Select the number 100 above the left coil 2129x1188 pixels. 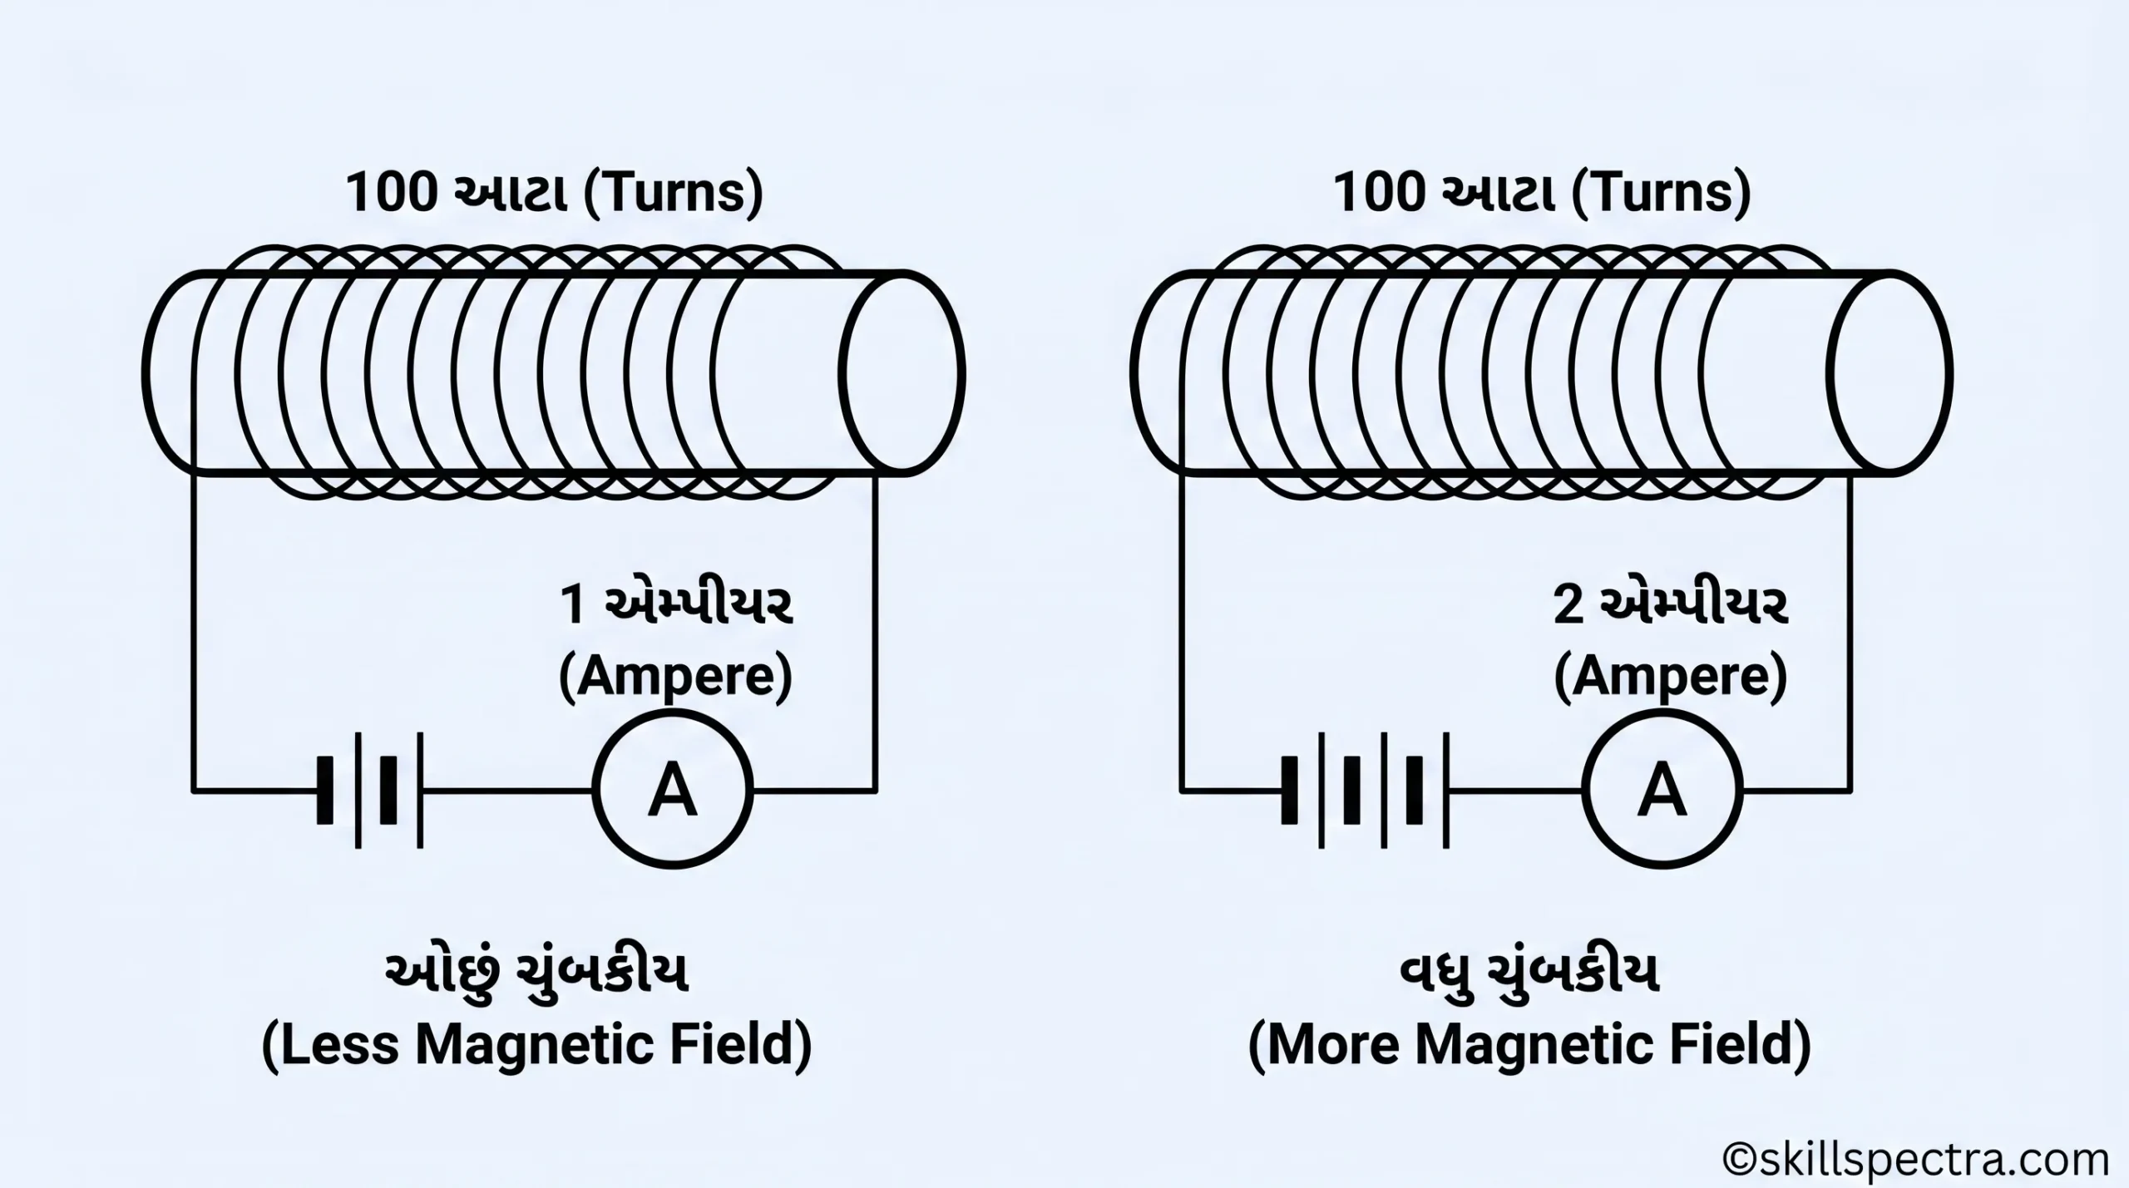[x=392, y=193]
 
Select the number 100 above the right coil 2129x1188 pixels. [x=1380, y=193]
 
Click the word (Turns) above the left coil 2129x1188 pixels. [x=673, y=194]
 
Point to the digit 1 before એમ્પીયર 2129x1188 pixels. [x=573, y=604]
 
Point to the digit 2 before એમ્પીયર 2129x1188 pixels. [x=1568, y=604]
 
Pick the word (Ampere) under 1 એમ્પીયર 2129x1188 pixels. [x=675, y=677]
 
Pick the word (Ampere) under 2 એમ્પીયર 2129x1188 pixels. [x=1670, y=677]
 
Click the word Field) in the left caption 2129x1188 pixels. [x=741, y=1045]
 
